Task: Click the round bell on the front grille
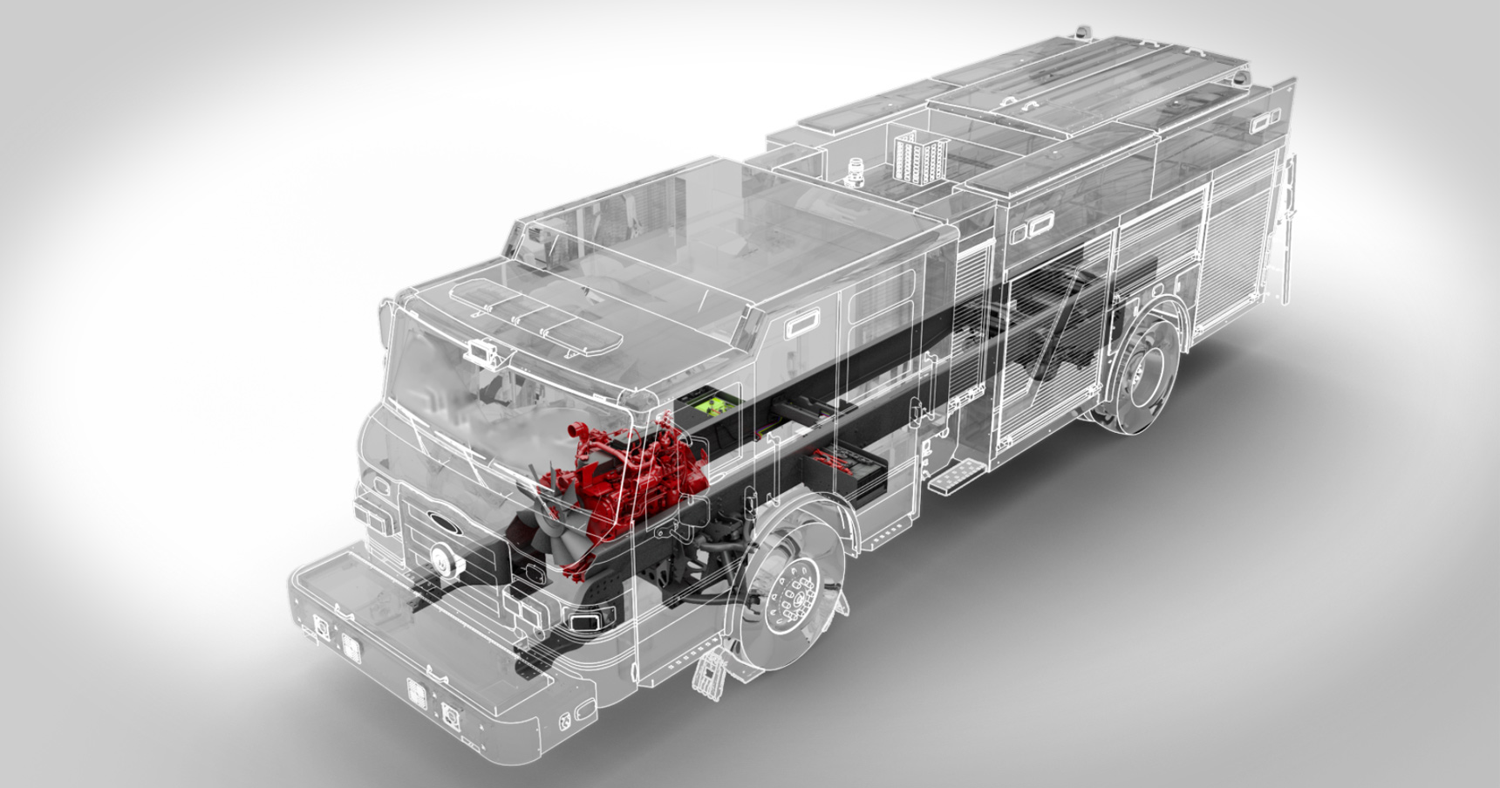(x=442, y=559)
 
